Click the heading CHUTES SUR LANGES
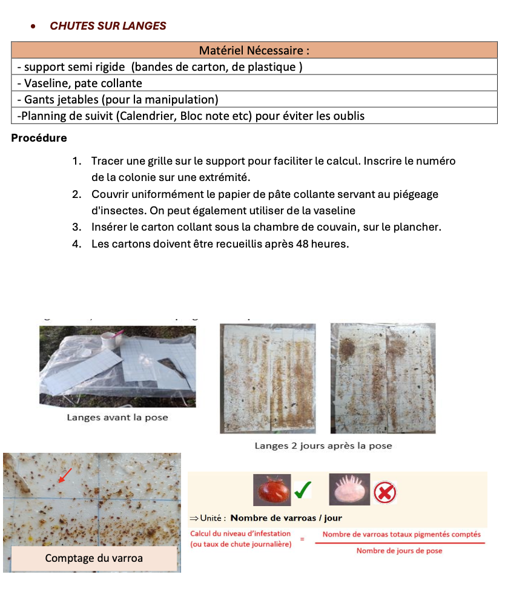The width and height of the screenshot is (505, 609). [x=108, y=26]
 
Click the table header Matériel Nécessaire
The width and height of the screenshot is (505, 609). [x=254, y=50]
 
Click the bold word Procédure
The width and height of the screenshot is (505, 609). [x=39, y=138]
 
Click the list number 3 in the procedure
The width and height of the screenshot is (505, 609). [x=76, y=227]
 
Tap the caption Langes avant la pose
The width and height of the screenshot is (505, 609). [x=117, y=417]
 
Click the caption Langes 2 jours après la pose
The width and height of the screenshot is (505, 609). [x=323, y=446]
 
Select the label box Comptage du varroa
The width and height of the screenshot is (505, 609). [x=94, y=558]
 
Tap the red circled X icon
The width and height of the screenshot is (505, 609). [x=385, y=493]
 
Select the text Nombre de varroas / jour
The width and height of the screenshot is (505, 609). [x=286, y=518]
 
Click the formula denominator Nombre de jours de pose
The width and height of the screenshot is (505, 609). [x=399, y=551]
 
